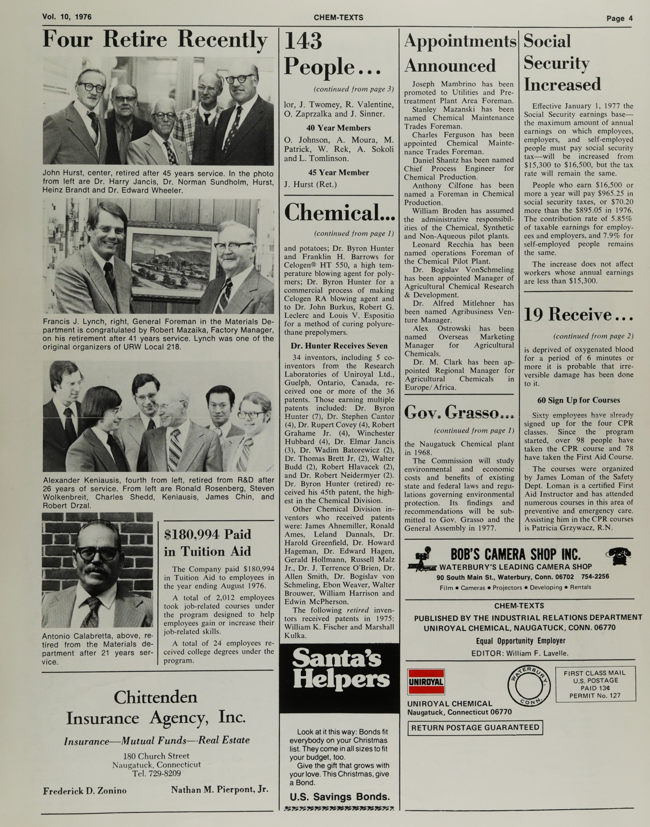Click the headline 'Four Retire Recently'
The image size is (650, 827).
(155, 40)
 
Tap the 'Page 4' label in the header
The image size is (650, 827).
(619, 18)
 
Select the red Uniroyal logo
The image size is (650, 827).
(426, 681)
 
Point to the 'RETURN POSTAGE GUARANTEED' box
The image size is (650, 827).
(475, 728)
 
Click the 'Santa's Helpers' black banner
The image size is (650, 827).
(339, 673)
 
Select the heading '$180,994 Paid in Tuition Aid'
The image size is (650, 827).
(208, 543)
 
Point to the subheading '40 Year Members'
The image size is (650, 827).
(338, 128)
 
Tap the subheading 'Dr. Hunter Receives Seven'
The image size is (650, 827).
(339, 346)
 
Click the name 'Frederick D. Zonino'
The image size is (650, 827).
(85, 791)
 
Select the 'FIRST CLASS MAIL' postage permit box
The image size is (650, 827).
(595, 684)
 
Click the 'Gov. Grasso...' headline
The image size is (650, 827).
(459, 412)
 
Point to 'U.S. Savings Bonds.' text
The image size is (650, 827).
(339, 797)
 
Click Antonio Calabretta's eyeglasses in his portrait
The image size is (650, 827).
(97, 552)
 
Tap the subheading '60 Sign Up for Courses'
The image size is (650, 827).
(578, 400)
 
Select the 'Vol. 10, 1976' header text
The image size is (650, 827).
(67, 17)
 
